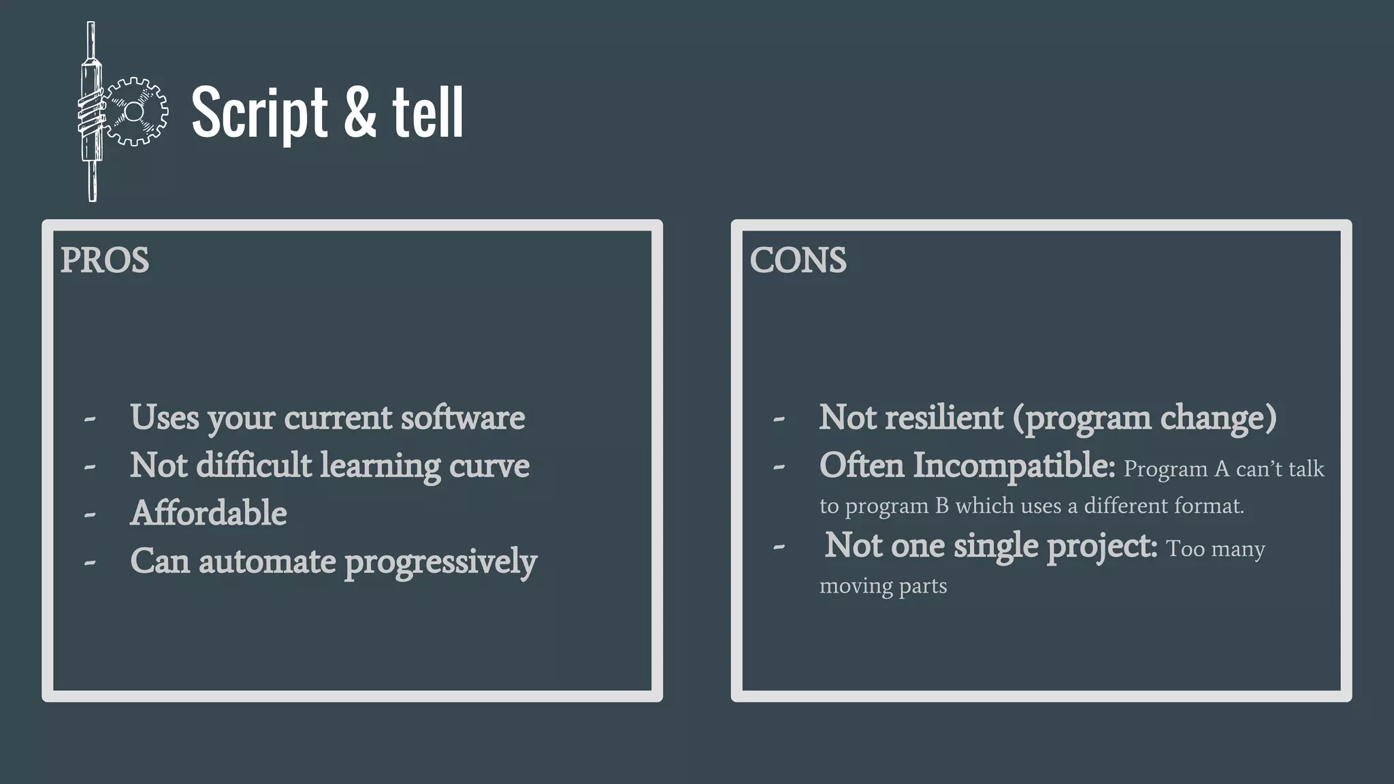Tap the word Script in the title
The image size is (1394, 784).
coord(259,112)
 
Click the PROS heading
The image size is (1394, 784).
coord(104,261)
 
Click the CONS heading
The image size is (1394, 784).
coord(798,261)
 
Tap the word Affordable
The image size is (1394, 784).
coord(208,513)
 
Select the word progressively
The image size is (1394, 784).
coord(440,562)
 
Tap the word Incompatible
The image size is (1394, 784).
coord(1013,465)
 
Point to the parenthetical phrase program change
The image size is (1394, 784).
coord(1144,418)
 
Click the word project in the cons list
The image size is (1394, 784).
coord(1101,546)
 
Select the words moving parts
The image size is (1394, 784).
coord(883,586)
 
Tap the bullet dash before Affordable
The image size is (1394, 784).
coord(90,515)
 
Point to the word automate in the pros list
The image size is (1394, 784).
coord(267,562)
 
